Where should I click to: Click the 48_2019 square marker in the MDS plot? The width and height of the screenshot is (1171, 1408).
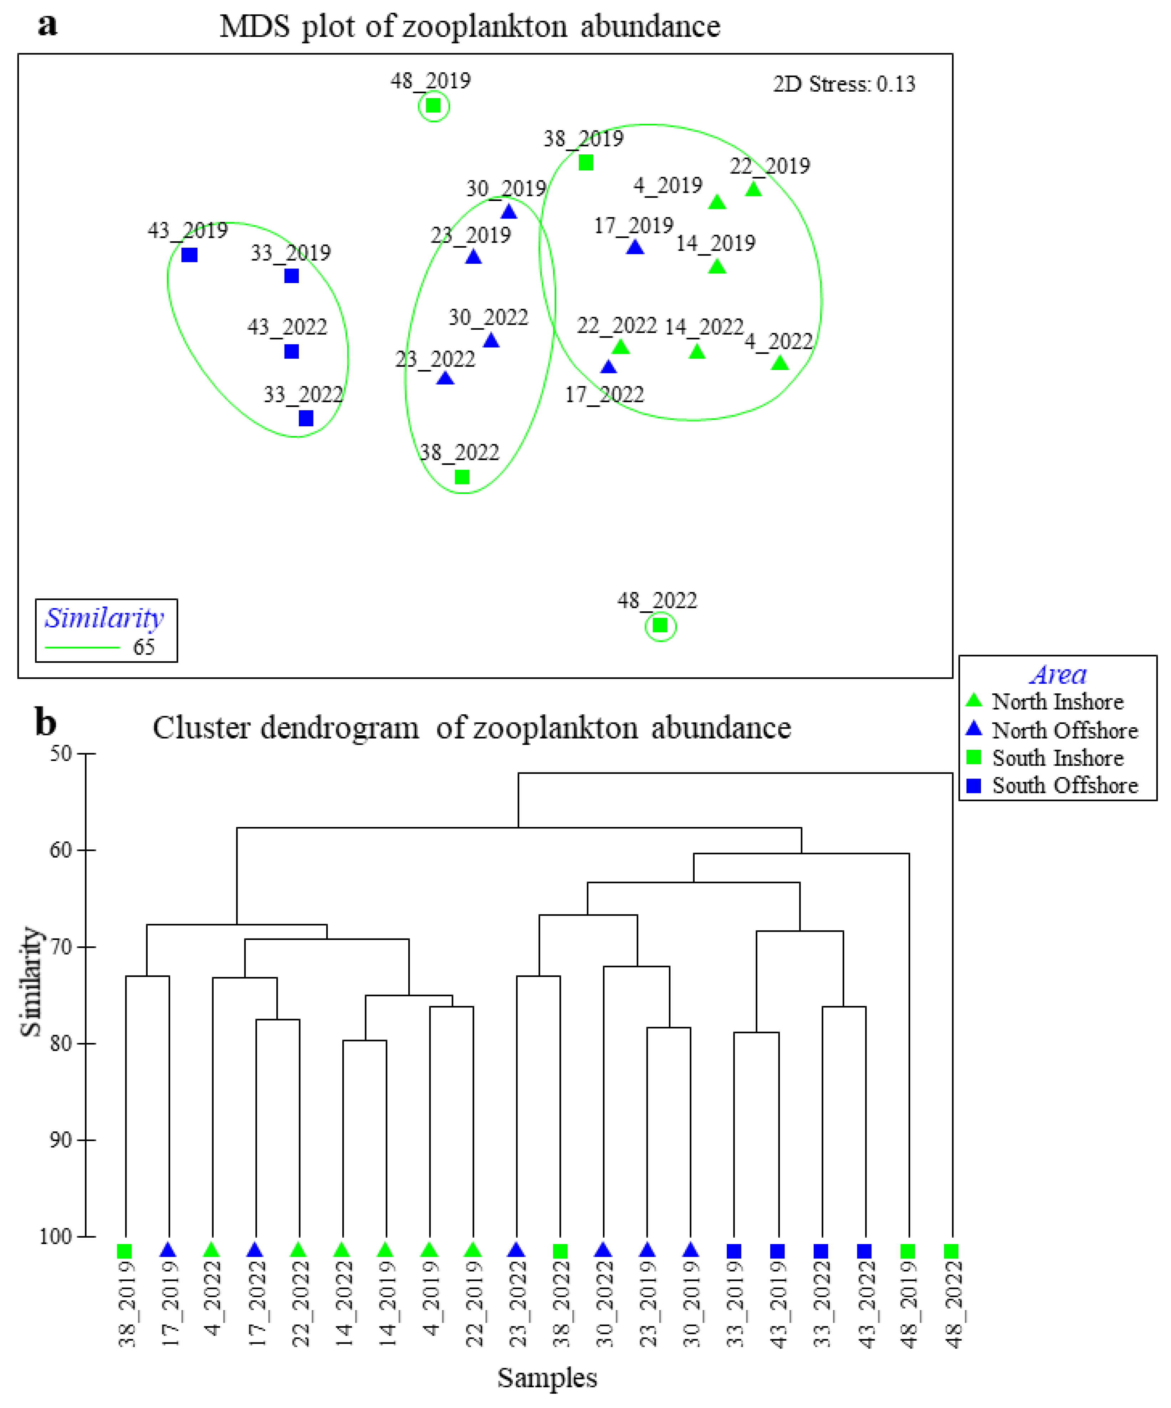coord(433,106)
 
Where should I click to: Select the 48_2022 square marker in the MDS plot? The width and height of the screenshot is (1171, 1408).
coord(660,626)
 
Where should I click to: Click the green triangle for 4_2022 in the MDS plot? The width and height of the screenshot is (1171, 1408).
coord(779,363)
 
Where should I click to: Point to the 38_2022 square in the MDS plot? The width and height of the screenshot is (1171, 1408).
coord(461,477)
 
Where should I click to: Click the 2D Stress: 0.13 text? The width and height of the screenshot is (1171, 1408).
coord(844,84)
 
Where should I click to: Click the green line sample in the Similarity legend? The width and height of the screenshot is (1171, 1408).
coord(82,647)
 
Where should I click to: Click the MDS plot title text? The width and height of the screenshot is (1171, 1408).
coord(470,27)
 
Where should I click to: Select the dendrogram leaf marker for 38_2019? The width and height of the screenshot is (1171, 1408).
coord(124,1251)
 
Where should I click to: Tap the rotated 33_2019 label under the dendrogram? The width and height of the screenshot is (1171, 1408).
coord(735,1304)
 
